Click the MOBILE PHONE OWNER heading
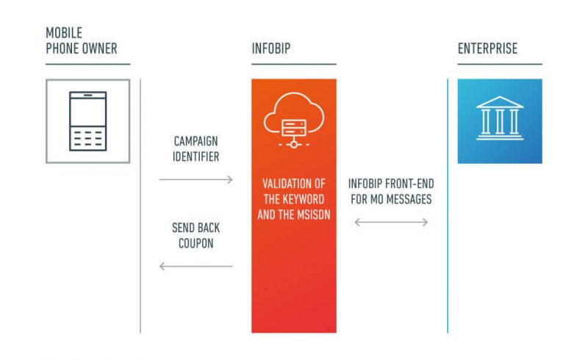tap(82, 40)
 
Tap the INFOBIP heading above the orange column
tap(270, 48)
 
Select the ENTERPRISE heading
tap(487, 48)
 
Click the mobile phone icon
tap(87, 121)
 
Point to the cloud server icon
tap(293, 120)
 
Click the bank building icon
tap(500, 118)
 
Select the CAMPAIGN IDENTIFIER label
tap(196, 149)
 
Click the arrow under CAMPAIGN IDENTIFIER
tap(196, 179)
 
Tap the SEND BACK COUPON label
tap(196, 236)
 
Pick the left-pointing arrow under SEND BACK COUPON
tap(196, 266)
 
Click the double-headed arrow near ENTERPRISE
tap(391, 223)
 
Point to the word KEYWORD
tap(304, 200)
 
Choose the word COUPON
tap(196, 243)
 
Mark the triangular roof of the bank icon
tap(500, 102)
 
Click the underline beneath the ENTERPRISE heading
tap(500, 64)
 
